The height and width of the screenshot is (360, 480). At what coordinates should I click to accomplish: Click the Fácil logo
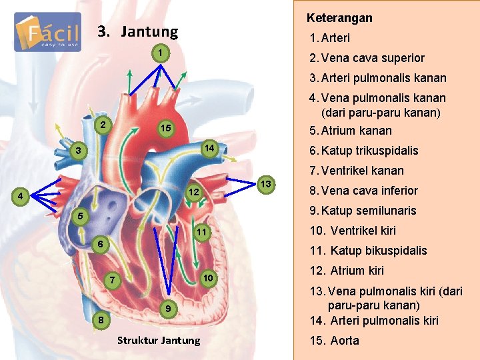pyautogui.click(x=47, y=32)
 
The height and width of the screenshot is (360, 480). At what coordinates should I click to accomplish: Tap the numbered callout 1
pyautogui.click(x=159, y=53)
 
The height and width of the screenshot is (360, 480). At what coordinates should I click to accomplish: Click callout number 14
pyautogui.click(x=208, y=147)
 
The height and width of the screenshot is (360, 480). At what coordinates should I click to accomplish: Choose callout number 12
pyautogui.click(x=192, y=192)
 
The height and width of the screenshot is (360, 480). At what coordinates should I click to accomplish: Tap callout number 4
pyautogui.click(x=22, y=197)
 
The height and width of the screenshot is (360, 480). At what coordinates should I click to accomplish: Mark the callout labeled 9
pyautogui.click(x=170, y=309)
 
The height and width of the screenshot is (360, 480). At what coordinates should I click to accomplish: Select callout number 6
pyautogui.click(x=98, y=245)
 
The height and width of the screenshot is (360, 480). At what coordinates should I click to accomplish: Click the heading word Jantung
pyautogui.click(x=150, y=31)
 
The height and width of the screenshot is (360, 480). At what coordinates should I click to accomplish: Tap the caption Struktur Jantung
pyautogui.click(x=158, y=341)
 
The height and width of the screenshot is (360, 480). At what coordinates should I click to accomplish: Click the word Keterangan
pyautogui.click(x=339, y=18)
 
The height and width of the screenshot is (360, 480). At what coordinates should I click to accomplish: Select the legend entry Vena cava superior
pyautogui.click(x=366, y=58)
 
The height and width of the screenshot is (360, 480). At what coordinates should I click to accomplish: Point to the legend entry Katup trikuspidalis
pyautogui.click(x=364, y=150)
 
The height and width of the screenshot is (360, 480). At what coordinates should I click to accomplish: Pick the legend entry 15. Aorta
pyautogui.click(x=335, y=341)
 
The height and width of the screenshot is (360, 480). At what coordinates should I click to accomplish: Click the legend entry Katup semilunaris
pyautogui.click(x=363, y=210)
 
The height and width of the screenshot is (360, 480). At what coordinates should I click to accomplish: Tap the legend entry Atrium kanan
pyautogui.click(x=351, y=130)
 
